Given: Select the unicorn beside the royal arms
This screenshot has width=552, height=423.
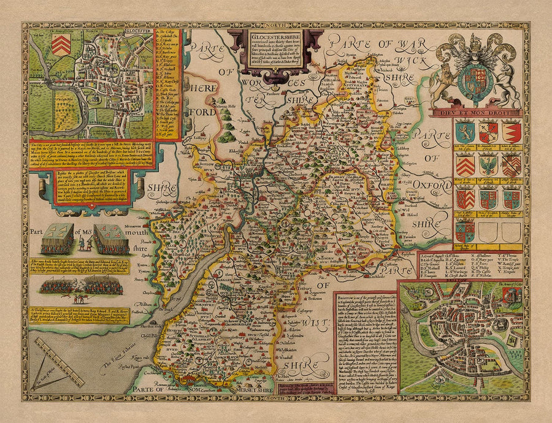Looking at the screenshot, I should click(x=507, y=77).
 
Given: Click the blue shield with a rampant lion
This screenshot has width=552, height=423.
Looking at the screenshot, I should click(x=465, y=132).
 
